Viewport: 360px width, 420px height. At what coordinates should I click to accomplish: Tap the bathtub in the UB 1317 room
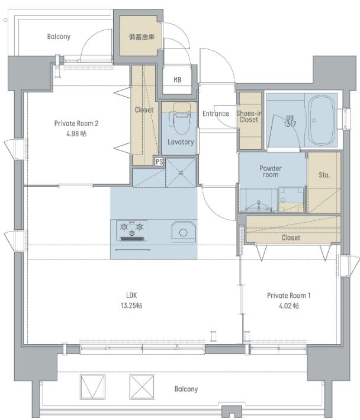tap(322, 120)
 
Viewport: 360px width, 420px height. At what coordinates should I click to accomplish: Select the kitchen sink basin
tap(184, 232)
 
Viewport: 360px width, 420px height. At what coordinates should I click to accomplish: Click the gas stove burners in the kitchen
tap(131, 230)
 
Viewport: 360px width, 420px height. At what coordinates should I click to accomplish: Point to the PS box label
tap(159, 162)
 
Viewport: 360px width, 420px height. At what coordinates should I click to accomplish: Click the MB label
tap(177, 79)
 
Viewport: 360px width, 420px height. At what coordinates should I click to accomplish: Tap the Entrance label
tap(216, 114)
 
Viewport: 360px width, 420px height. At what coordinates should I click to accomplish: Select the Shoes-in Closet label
tap(249, 117)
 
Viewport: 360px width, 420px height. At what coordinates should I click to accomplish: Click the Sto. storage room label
tap(324, 175)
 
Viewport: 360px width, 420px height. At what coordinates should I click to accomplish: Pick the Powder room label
tap(271, 171)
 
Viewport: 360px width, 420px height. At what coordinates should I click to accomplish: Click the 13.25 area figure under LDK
tap(131, 305)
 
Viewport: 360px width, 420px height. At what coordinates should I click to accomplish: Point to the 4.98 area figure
tap(76, 133)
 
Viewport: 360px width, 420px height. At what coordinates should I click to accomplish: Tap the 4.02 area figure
tap(289, 306)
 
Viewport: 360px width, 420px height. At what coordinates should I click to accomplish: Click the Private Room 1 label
tap(289, 296)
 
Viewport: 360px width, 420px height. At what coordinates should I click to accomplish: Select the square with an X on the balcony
tap(142, 387)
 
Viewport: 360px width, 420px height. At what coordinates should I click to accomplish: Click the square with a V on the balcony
tap(92, 387)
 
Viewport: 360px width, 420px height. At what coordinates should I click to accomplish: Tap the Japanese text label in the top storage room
tap(142, 37)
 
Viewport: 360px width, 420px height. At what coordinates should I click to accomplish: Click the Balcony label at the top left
tap(59, 36)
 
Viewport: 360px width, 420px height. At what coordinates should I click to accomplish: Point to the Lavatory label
tap(181, 142)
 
